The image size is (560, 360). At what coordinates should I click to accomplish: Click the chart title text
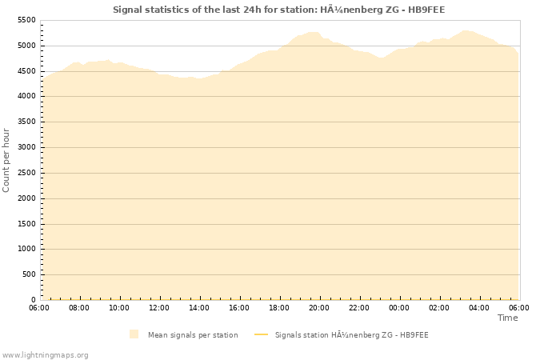(278, 10)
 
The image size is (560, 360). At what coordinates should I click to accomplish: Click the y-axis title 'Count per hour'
(7, 160)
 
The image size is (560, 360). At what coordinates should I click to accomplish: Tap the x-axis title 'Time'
(507, 318)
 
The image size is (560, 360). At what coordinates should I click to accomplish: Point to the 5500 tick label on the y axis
(26, 20)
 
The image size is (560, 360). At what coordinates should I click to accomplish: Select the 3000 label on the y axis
(26, 147)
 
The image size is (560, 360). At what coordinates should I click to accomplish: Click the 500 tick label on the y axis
(29, 274)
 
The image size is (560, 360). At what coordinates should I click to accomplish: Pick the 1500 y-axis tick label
(26, 223)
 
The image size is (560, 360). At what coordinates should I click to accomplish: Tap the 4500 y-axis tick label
(26, 71)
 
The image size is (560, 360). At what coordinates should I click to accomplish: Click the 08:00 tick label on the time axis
(79, 307)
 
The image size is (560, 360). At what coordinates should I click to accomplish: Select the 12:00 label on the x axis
(159, 307)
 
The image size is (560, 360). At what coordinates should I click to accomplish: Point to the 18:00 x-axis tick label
(279, 307)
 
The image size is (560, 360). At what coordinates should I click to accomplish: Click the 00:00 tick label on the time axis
(399, 307)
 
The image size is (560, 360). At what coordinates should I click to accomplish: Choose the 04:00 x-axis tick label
(479, 307)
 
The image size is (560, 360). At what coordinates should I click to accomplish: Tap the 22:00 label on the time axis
(359, 307)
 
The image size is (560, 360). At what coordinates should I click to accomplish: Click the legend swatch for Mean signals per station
(134, 334)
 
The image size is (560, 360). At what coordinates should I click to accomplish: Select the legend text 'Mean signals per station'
(193, 334)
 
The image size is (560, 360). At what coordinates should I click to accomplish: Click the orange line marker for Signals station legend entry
(260, 334)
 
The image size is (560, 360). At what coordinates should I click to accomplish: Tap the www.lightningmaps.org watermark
(45, 354)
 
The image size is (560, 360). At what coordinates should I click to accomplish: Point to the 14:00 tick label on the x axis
(199, 307)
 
